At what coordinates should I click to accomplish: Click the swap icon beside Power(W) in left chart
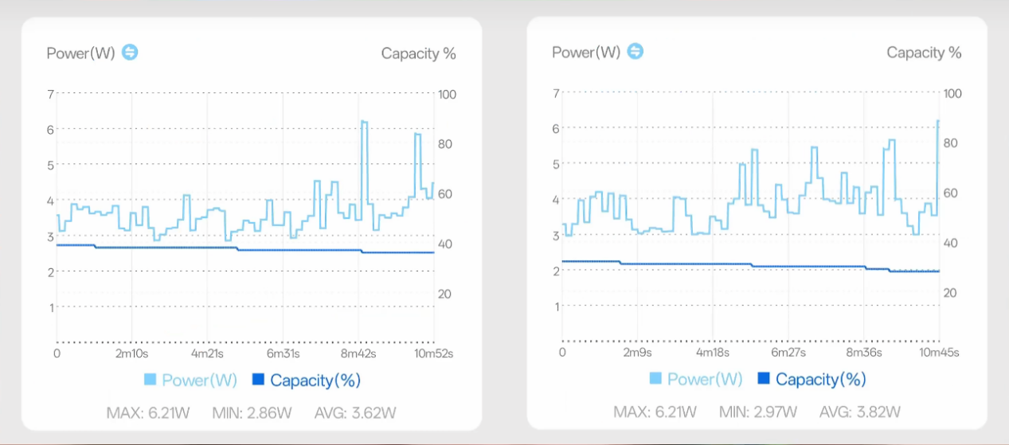point(130,53)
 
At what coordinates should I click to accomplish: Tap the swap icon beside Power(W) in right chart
point(635,52)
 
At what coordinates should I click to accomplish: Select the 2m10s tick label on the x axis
point(131,353)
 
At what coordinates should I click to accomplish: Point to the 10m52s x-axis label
point(434,353)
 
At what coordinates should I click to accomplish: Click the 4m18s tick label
point(713,352)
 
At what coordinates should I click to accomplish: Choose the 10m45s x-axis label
point(939,352)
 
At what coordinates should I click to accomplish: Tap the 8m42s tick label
point(358,353)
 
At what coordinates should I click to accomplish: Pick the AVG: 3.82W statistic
point(862,412)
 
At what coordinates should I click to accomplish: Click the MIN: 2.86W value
point(252,412)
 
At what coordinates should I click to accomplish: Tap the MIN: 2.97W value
point(757,412)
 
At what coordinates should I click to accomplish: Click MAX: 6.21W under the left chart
point(146,412)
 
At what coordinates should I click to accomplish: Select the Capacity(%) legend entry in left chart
point(307,380)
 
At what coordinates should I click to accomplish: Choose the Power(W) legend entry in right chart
point(696,379)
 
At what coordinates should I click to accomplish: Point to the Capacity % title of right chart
point(924,53)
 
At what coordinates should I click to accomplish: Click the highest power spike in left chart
point(364,122)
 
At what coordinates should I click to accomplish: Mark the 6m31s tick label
point(283,353)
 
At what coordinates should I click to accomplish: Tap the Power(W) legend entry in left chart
point(191,380)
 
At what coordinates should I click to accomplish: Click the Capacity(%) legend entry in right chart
point(812,379)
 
